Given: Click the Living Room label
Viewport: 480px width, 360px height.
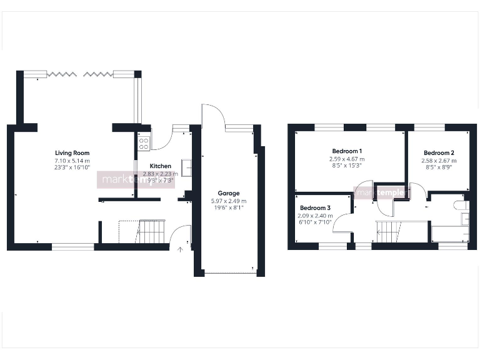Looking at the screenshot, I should pyautogui.click(x=72, y=153).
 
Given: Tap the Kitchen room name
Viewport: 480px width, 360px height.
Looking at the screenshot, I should pyautogui.click(x=161, y=166).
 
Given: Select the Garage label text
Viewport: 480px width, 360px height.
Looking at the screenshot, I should pyautogui.click(x=229, y=193).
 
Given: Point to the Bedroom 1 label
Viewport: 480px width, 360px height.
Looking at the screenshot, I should pyautogui.click(x=347, y=151).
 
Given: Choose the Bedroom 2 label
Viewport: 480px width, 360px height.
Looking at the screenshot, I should pyautogui.click(x=439, y=153).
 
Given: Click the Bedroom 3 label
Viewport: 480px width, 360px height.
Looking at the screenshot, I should pyautogui.click(x=315, y=208).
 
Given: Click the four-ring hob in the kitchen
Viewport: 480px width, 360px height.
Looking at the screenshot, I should pyautogui.click(x=143, y=144).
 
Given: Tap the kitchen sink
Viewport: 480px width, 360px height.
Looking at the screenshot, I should pyautogui.click(x=186, y=167).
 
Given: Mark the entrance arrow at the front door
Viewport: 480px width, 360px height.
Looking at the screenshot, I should pyautogui.click(x=181, y=249).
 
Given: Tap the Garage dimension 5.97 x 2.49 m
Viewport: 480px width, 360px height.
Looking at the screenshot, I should pyautogui.click(x=229, y=201).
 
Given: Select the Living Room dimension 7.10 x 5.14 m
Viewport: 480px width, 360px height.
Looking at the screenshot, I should pyautogui.click(x=72, y=161).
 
